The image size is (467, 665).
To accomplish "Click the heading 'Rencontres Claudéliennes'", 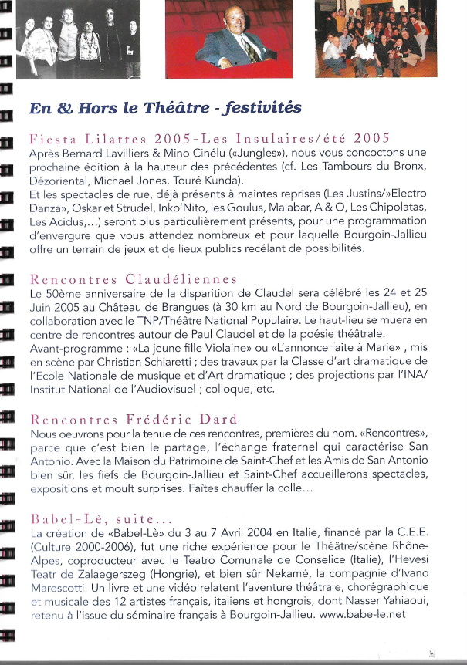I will pyautogui.click(x=132, y=278).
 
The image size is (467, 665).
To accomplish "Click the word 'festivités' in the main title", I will pyautogui.click(x=252, y=108).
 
